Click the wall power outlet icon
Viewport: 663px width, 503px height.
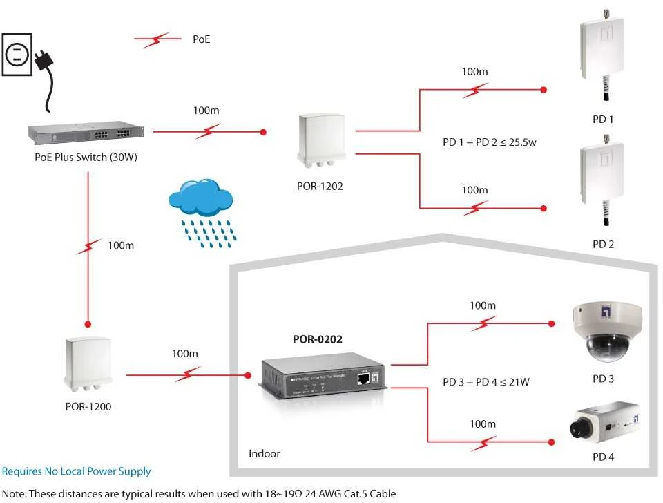tap(17, 55)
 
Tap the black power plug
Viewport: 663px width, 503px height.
tap(44, 61)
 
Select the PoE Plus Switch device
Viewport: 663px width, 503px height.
tap(86, 133)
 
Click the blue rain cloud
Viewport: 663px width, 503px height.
tap(200, 197)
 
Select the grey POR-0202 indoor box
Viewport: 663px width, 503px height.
tap(323, 376)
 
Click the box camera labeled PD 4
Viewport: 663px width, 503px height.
tap(605, 422)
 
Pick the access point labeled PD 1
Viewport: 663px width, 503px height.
tap(602, 55)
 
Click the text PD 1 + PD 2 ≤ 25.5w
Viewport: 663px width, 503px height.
tap(489, 142)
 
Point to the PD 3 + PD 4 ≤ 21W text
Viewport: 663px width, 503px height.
tap(486, 382)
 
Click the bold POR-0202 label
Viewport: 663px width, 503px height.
tap(318, 339)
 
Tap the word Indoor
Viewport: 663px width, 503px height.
tap(265, 453)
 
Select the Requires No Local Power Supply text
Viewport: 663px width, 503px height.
tap(76, 471)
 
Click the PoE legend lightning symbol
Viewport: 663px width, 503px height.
tap(157, 39)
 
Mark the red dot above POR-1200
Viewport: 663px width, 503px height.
tap(88, 325)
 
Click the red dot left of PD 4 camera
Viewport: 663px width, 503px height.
tap(551, 442)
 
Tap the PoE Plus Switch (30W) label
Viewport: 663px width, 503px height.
tap(86, 158)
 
